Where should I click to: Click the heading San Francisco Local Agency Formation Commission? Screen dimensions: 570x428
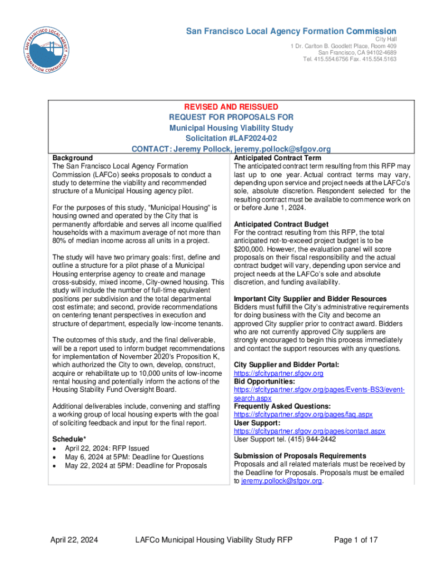291,31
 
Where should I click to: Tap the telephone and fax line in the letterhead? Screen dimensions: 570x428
350,59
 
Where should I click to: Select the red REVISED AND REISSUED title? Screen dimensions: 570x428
231,106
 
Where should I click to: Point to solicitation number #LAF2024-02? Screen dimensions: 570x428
231,139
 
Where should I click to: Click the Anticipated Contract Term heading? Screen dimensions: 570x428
277,158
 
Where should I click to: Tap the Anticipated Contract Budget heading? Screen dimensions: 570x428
281,224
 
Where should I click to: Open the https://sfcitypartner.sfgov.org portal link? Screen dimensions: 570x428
278,374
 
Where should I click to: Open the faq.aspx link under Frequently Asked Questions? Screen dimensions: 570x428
303,415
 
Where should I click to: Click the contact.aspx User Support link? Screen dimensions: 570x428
310,431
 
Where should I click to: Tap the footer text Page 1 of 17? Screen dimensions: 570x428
356,540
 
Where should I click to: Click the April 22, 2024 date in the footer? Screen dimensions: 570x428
74,540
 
